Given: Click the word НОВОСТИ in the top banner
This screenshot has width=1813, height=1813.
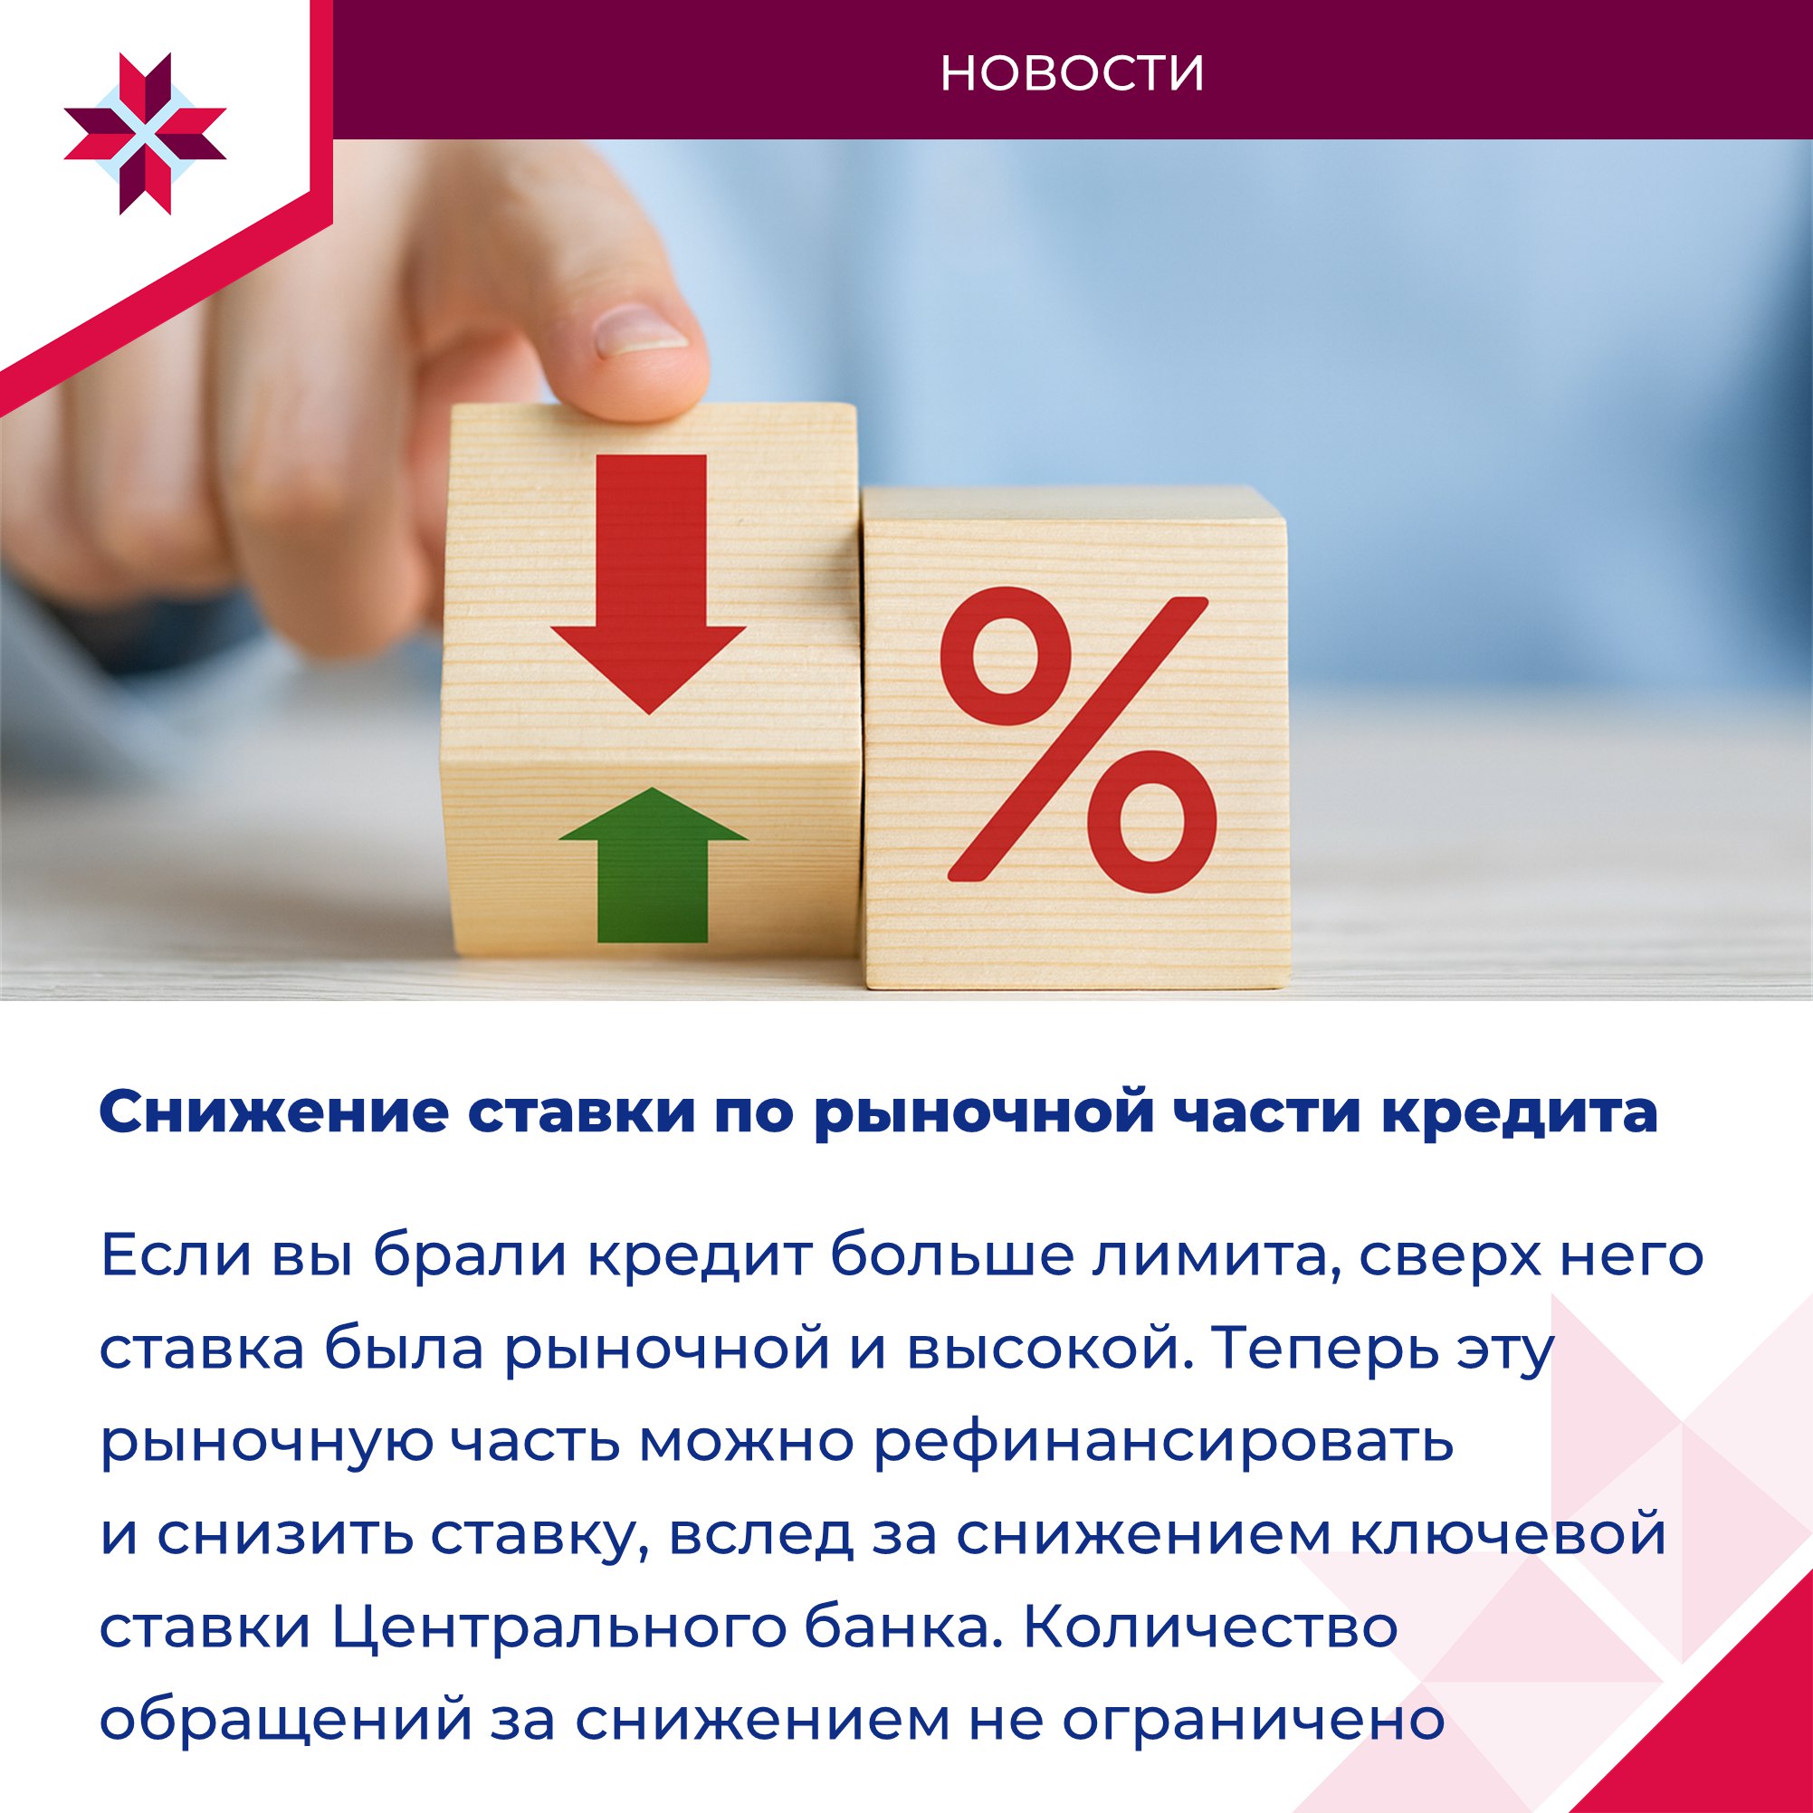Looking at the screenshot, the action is [x=1072, y=73].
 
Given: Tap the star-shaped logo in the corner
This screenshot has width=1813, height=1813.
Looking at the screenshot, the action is [x=146, y=134].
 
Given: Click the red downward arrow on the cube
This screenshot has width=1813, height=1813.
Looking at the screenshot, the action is [x=649, y=584].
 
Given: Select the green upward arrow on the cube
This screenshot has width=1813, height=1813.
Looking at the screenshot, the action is [x=654, y=864].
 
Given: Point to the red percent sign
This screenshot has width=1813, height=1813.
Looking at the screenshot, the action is [x=1078, y=740].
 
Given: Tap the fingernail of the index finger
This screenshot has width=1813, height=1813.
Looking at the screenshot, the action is [x=643, y=331].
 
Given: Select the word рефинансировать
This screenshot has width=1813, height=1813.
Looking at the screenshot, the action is [x=1163, y=1445].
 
